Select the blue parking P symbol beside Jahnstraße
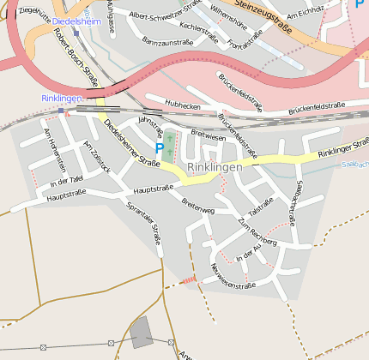click(x=159, y=148)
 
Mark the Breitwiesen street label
click(x=208, y=135)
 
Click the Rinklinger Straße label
click(x=342, y=147)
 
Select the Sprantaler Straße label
click(x=144, y=221)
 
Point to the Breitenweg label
click(x=198, y=207)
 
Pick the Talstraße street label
click(x=260, y=207)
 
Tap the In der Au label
click(x=247, y=253)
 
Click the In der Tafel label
click(x=66, y=181)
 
